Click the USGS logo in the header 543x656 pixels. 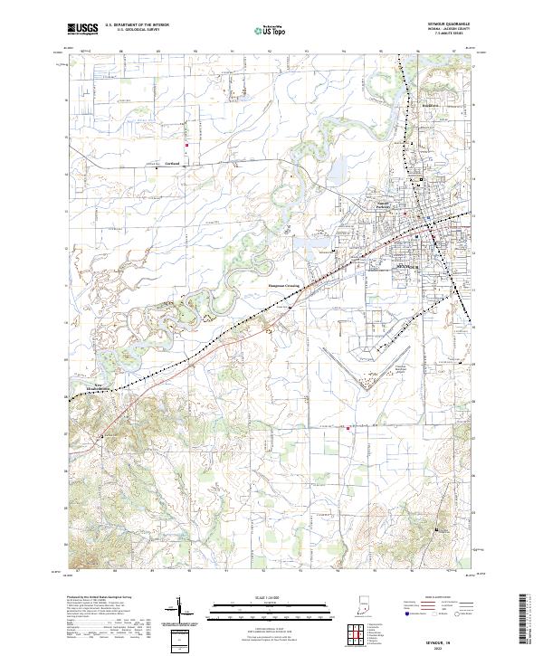(x=83, y=30)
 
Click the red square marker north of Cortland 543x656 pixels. (x=186, y=147)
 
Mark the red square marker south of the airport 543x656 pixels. (x=348, y=442)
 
